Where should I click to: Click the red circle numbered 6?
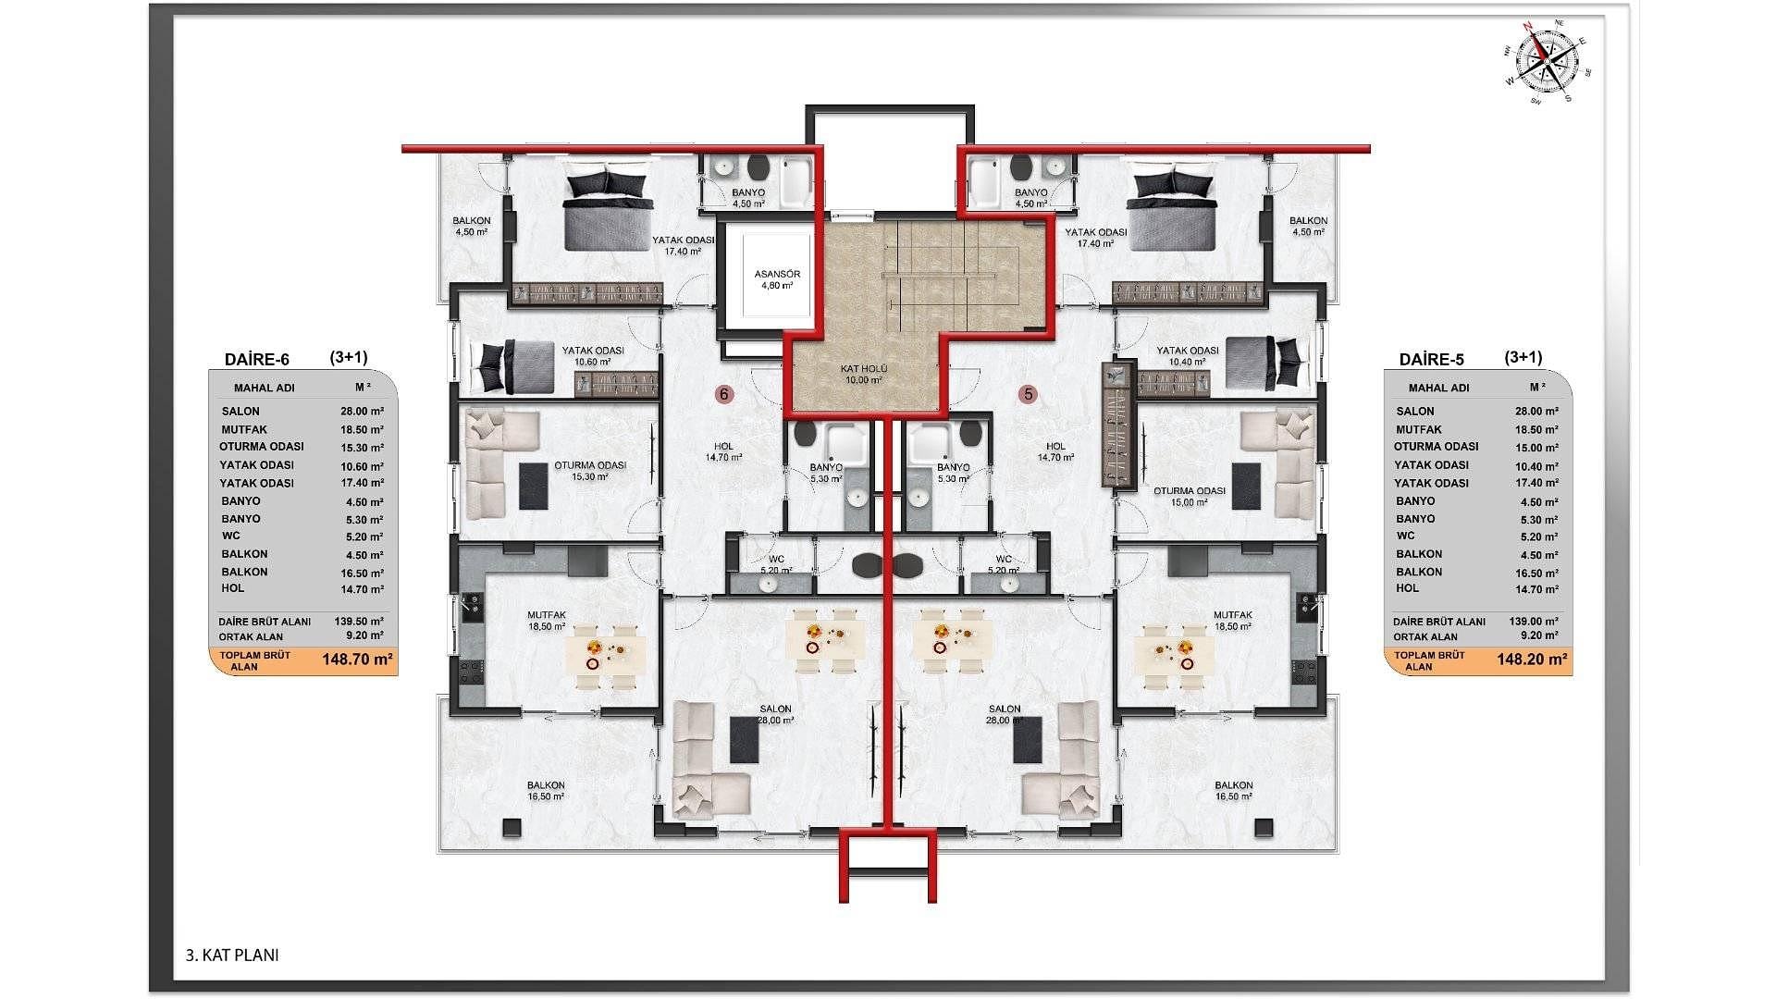coord(724,395)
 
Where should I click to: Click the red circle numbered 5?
coord(1028,395)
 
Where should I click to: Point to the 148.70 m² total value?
coord(357,660)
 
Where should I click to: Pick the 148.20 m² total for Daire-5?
coord(1532,660)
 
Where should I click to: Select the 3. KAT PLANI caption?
coord(232,956)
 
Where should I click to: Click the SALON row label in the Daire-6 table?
coord(240,412)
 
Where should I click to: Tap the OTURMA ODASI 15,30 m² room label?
coord(590,471)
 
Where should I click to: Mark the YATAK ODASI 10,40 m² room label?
coord(1188,356)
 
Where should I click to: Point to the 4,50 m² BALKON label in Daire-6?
coord(472,227)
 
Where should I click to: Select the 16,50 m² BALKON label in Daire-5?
coord(1234,790)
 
